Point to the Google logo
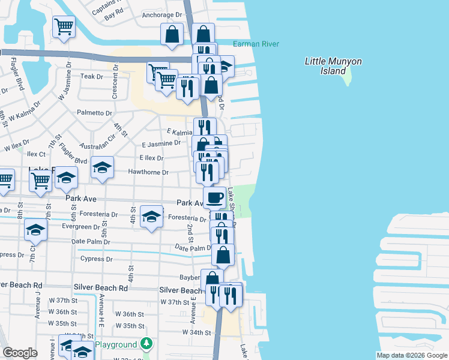[20, 353]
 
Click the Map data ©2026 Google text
[412, 355]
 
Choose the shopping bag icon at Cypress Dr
[223, 254]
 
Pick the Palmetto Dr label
[94, 113]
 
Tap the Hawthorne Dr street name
[148, 172]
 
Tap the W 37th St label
[63, 300]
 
